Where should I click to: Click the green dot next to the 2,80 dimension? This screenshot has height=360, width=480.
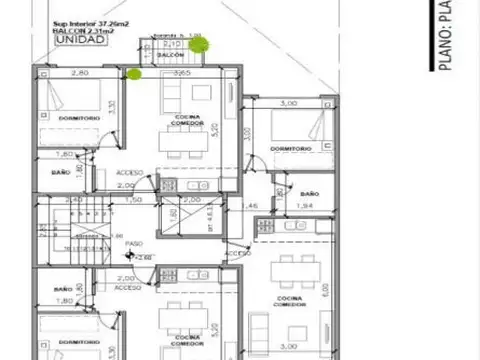tap(133, 72)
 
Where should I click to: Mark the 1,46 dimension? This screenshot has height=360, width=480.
tap(252, 206)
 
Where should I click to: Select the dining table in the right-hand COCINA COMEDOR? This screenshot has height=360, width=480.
tap(295, 267)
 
